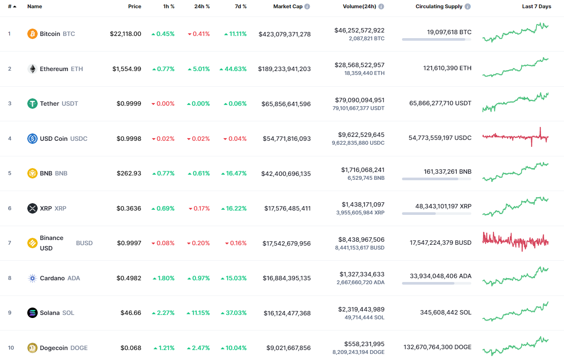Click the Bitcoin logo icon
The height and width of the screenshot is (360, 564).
[x=32, y=34]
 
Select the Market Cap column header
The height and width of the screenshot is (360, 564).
[x=288, y=6]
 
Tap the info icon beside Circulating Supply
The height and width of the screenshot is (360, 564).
[x=468, y=6]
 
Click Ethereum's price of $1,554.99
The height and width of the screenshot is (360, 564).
[x=126, y=69]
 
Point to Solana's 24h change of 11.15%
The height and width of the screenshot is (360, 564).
[x=198, y=313]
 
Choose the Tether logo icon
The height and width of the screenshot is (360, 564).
[x=32, y=104]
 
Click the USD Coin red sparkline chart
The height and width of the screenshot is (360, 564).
[x=515, y=137]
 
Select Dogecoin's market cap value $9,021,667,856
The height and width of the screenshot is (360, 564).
[x=287, y=348]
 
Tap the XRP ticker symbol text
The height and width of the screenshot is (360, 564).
[x=60, y=208]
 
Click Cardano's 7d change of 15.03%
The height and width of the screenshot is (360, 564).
[x=234, y=278]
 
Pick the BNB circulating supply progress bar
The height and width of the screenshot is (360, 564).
[x=436, y=178]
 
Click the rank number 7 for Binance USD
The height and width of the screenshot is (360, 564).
[x=10, y=243]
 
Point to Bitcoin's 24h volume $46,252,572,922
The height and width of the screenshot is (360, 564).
[x=359, y=30]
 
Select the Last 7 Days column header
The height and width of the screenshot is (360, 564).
[x=536, y=6]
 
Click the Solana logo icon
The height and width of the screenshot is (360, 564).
[x=32, y=313]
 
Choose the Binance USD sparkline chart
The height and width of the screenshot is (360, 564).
[x=515, y=241]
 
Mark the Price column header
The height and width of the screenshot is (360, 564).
[x=134, y=6]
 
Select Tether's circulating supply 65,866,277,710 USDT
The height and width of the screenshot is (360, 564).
[x=440, y=104]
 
